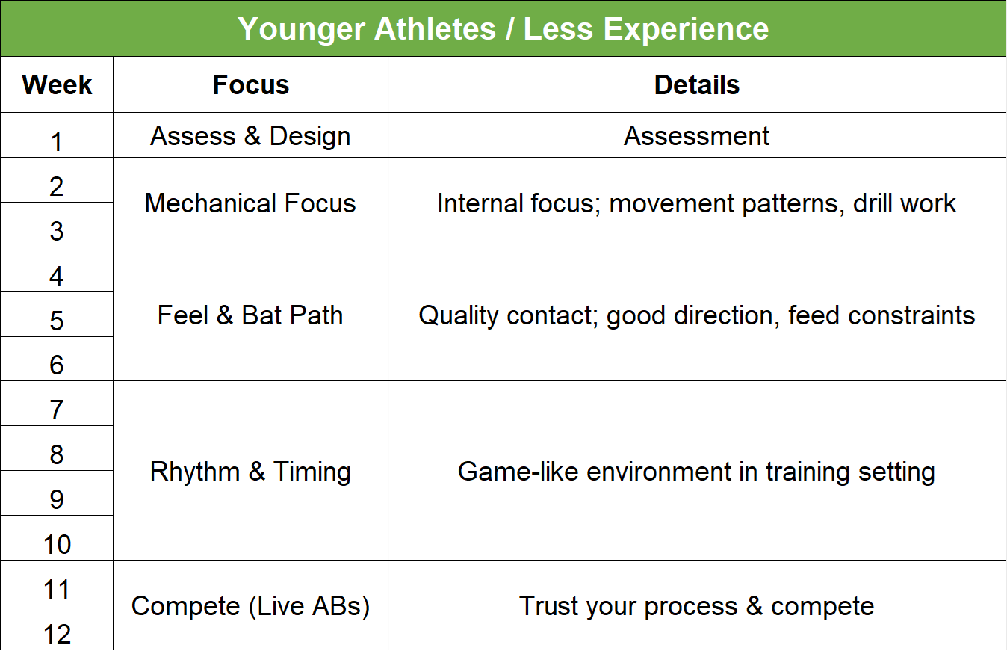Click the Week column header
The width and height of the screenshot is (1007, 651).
pos(57,85)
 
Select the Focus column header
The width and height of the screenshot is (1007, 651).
pos(250,85)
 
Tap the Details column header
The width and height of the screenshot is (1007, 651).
pos(696,85)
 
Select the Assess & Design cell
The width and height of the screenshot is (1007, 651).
pos(250,136)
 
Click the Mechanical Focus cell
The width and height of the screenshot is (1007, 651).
pos(250,203)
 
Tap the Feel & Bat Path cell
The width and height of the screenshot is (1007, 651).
pos(250,315)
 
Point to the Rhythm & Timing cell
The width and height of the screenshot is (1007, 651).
pos(250,472)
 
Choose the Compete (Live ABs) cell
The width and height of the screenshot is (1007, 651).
pos(250,606)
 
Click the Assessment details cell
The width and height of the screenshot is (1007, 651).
pos(696,136)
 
